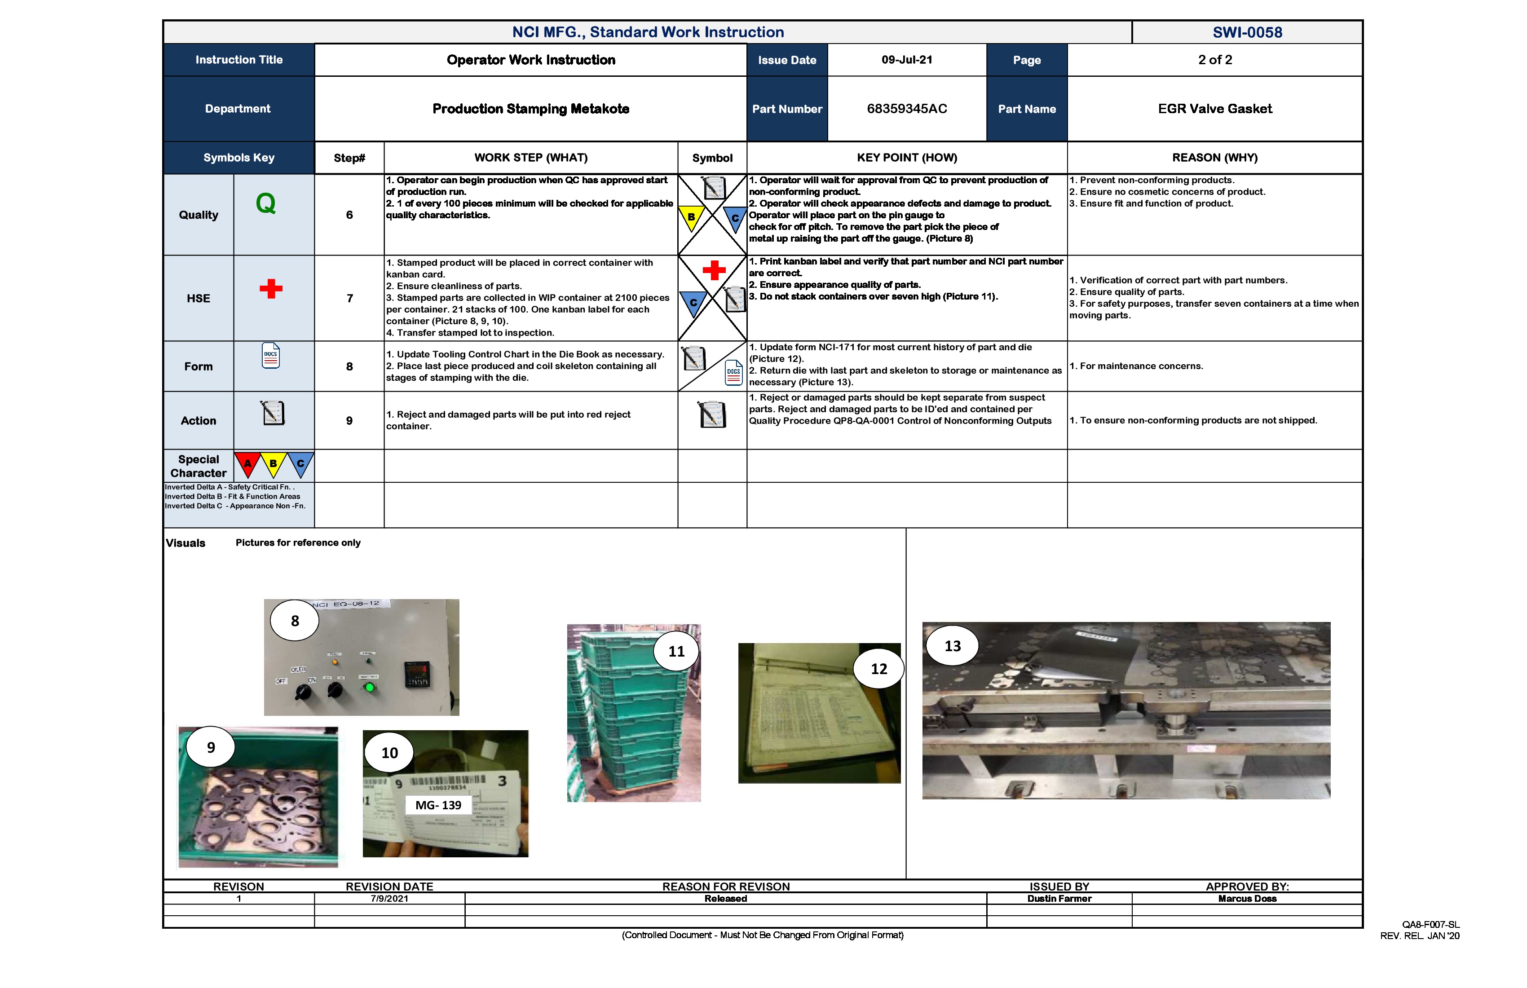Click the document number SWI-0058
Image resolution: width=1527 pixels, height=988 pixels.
(1247, 32)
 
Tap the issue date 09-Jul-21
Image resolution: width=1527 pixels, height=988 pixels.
(907, 60)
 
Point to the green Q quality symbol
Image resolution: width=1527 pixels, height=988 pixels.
(265, 204)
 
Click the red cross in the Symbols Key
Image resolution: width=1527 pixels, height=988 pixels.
(271, 289)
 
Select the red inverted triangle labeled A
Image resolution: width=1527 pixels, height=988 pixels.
(247, 464)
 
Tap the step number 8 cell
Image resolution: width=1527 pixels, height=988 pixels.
(349, 366)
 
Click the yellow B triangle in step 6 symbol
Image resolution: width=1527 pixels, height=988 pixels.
(691, 217)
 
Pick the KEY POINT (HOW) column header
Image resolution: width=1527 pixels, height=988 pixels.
(907, 158)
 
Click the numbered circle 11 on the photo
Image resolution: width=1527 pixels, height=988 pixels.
(676, 651)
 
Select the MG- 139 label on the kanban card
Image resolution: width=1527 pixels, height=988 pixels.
(438, 805)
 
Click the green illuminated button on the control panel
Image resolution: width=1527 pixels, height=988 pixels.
(369, 688)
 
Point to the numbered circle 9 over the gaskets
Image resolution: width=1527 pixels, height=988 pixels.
(211, 747)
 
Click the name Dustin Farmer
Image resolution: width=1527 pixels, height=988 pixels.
(1059, 899)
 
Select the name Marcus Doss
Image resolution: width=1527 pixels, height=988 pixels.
(1247, 899)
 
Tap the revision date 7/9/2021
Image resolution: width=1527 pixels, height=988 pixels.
(389, 899)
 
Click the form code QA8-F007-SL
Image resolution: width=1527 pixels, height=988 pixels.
(1430, 925)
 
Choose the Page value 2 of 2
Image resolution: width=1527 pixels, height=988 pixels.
(1214, 60)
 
